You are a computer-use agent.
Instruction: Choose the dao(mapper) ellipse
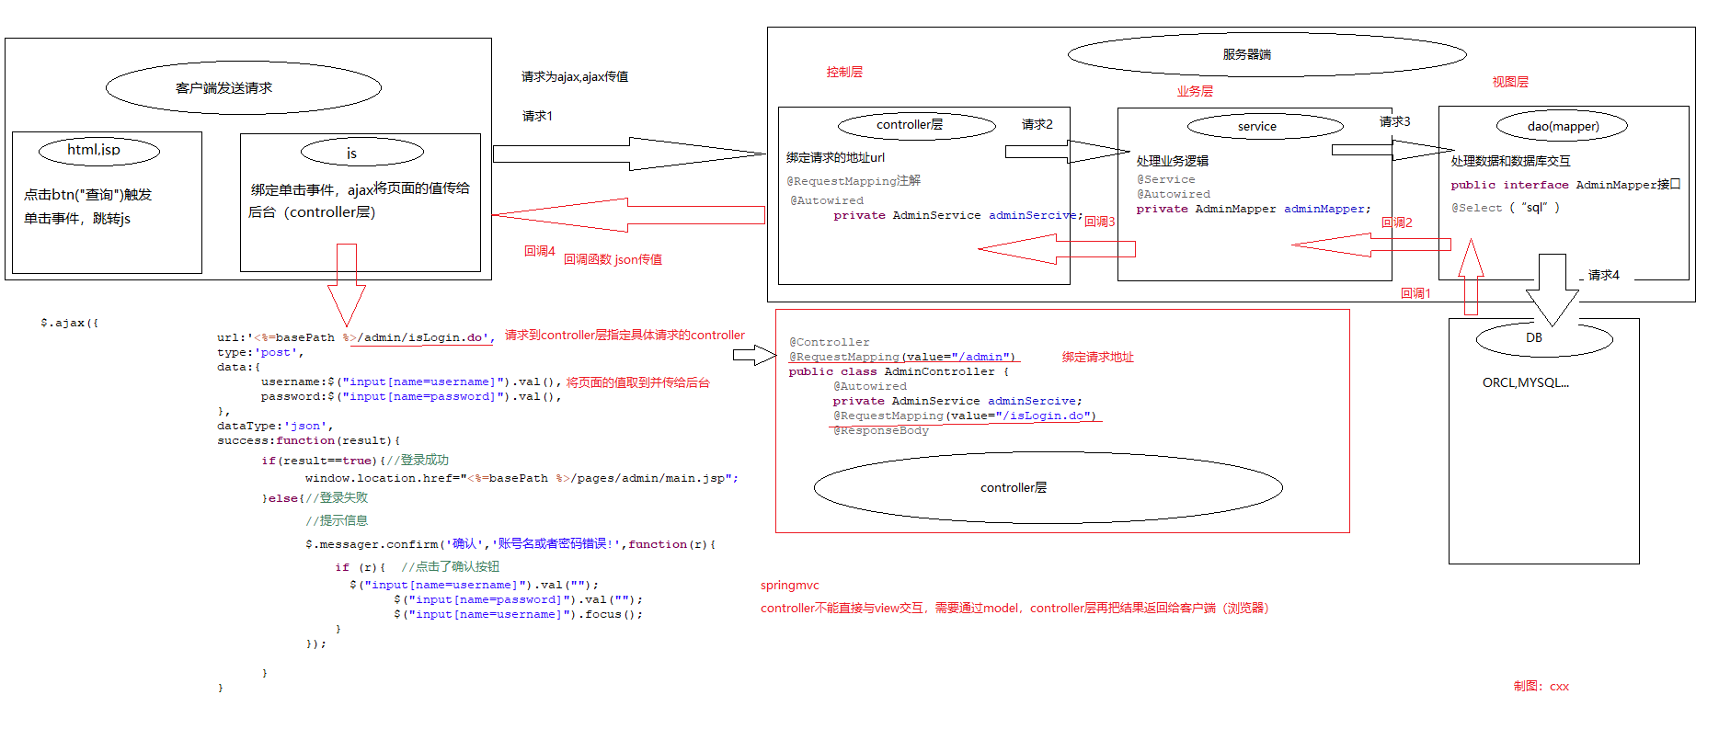1562,126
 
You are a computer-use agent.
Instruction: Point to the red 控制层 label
843,72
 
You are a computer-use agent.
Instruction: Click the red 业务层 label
1194,91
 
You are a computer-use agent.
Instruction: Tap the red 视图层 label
1509,82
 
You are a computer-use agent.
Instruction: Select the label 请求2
1037,124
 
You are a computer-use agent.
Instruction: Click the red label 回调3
1099,222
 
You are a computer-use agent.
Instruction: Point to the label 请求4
1603,275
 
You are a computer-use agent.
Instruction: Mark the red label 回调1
1415,293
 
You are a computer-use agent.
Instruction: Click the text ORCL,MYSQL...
1525,382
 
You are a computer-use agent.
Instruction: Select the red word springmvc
789,585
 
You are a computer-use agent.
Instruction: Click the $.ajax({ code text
69,323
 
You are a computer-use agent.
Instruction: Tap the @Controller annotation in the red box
829,342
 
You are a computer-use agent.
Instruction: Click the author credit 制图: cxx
1541,686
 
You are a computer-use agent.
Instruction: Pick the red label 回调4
539,251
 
